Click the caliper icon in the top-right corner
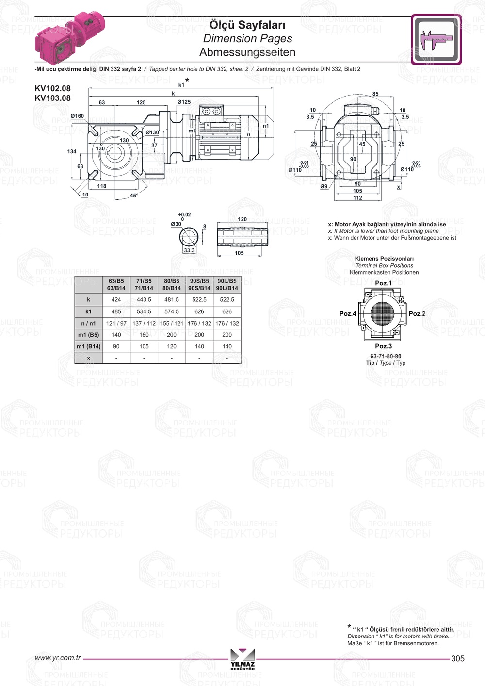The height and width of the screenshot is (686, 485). (436, 39)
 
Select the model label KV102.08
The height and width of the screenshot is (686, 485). (52, 88)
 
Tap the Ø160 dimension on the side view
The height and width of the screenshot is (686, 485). (77, 116)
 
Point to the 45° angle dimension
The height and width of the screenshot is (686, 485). (134, 196)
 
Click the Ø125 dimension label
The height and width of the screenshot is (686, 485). (184, 102)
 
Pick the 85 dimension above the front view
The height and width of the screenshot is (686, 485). (375, 94)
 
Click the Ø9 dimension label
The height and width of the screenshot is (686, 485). (323, 186)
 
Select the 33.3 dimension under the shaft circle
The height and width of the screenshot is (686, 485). (189, 250)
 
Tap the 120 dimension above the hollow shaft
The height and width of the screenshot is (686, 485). (242, 219)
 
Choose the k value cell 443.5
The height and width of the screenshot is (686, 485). (144, 300)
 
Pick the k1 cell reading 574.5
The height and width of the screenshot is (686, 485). (172, 311)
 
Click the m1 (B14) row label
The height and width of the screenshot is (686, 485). (89, 346)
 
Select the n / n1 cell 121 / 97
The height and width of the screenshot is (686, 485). (116, 323)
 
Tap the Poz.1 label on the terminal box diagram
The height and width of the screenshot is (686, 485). (383, 283)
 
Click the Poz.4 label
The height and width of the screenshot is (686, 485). (347, 314)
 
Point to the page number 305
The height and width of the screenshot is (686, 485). (457, 658)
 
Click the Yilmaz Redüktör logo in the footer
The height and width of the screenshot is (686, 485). (242, 659)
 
